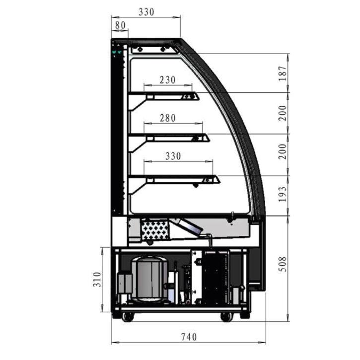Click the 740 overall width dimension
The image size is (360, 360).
pyautogui.click(x=189, y=337)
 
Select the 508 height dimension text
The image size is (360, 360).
pyautogui.click(x=283, y=264)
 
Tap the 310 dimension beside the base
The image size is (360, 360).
pyautogui.click(x=97, y=279)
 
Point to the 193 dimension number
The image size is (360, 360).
pyautogui.click(x=283, y=194)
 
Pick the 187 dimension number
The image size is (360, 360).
pyautogui.click(x=283, y=73)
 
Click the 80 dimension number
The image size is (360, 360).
pyautogui.click(x=120, y=25)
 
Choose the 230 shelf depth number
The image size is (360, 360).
pyautogui.click(x=168, y=79)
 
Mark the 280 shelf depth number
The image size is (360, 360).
pyautogui.click(x=168, y=118)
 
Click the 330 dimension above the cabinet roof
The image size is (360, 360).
pyautogui.click(x=146, y=12)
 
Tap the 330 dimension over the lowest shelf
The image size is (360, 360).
pyautogui.click(x=173, y=156)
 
